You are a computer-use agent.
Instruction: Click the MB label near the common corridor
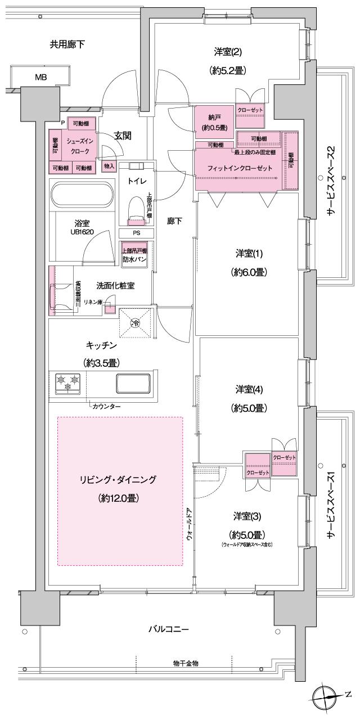[41, 77]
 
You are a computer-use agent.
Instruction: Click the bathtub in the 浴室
[82, 195]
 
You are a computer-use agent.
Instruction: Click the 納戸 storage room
[213, 123]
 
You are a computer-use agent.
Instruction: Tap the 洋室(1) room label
[248, 254]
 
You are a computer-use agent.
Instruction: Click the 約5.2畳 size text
[228, 71]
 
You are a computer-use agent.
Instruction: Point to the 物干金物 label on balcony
[185, 664]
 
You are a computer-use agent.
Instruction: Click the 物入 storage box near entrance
[109, 166]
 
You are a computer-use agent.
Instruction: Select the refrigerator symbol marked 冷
[136, 323]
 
